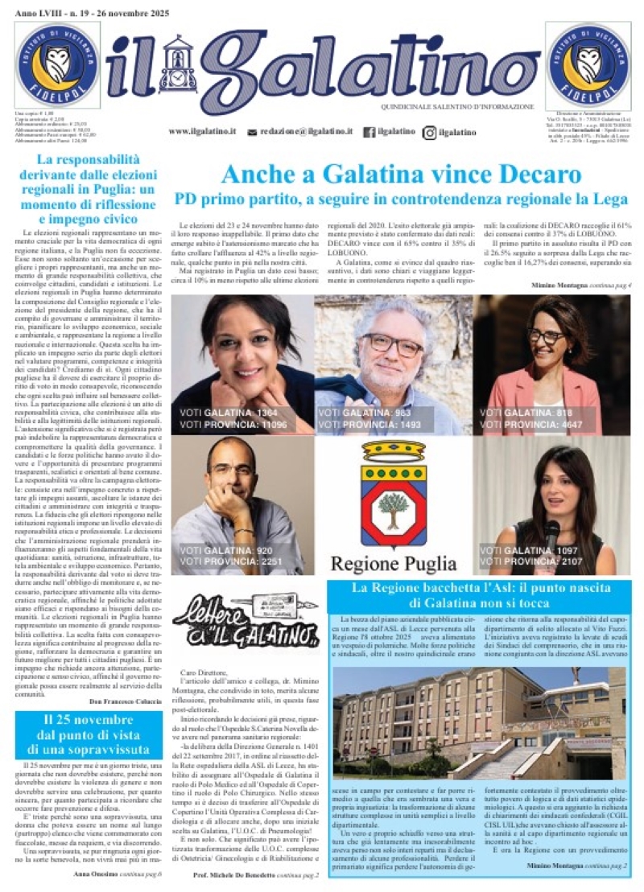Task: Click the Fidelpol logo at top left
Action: [x=57, y=64]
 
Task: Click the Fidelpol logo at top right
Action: [x=587, y=64]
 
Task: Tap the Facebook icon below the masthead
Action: [x=369, y=132]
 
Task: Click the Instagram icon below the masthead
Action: [x=431, y=132]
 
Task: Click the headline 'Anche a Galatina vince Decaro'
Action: [x=401, y=174]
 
